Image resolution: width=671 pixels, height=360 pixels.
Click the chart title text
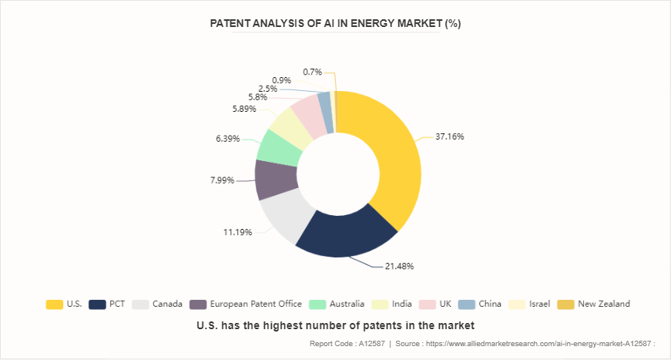click(x=335, y=23)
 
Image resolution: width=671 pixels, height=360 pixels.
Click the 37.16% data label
click(x=449, y=136)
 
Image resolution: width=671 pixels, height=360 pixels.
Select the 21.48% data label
click(x=399, y=267)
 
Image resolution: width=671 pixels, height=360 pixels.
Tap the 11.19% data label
click(x=237, y=233)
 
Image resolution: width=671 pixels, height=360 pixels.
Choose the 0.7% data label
click(x=312, y=72)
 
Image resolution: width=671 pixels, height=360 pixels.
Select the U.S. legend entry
click(x=65, y=304)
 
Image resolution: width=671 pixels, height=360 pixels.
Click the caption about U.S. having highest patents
click(x=335, y=325)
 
